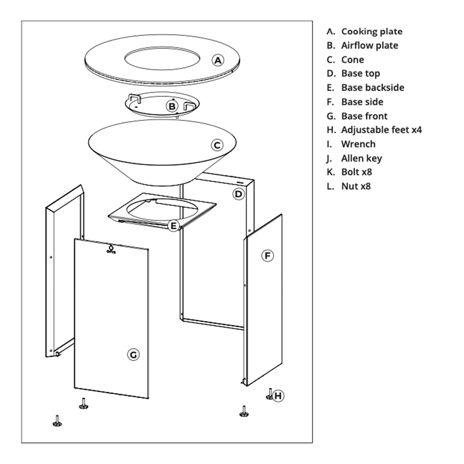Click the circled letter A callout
[218, 60]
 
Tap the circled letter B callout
[172, 106]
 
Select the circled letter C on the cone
[217, 146]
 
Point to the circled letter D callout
[238, 194]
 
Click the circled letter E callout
[173, 226]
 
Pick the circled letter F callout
[268, 256]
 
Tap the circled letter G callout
[133, 354]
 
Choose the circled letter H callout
[278, 396]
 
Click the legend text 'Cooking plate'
[372, 31]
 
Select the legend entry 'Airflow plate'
[369, 45]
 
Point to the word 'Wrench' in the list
[358, 144]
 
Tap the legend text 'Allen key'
[361, 158]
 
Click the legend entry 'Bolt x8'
[357, 172]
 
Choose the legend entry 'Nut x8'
[356, 186]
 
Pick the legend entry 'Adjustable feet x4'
[382, 130]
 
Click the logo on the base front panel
[111, 249]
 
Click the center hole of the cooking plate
[162, 58]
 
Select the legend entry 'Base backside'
[372, 88]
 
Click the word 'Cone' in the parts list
[353, 60]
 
